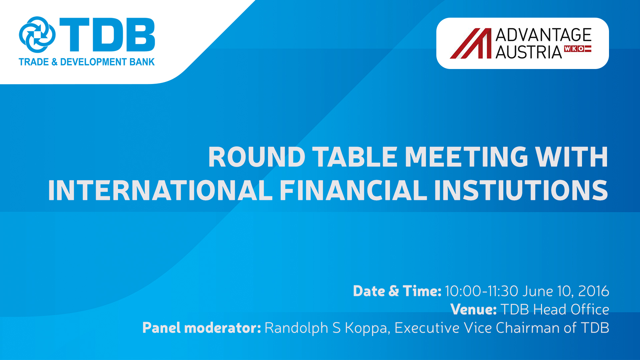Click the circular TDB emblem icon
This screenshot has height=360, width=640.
tap(37, 35)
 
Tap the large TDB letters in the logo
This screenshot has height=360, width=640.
tap(107, 35)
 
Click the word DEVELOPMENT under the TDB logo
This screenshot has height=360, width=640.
tap(93, 62)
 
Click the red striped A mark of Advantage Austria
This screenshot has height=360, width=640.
tap(471, 43)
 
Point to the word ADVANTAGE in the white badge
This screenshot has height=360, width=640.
tap(543, 35)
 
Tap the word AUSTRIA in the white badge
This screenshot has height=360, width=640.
tap(529, 52)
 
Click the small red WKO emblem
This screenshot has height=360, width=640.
tap(578, 49)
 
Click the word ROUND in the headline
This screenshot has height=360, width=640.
tap(257, 157)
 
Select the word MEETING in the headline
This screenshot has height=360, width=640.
tap(466, 157)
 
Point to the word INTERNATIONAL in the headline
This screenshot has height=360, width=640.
tap(160, 190)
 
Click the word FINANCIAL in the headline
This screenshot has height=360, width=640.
tap(353, 190)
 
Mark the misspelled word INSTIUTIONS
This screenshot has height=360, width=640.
tap(521, 190)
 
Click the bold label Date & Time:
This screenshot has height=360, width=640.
tap(397, 291)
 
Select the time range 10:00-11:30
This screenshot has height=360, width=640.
tap(482, 291)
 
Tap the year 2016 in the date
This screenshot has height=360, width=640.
tap(594, 291)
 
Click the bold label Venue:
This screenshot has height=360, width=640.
tap(473, 309)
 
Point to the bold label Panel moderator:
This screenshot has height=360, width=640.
tap(202, 328)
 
